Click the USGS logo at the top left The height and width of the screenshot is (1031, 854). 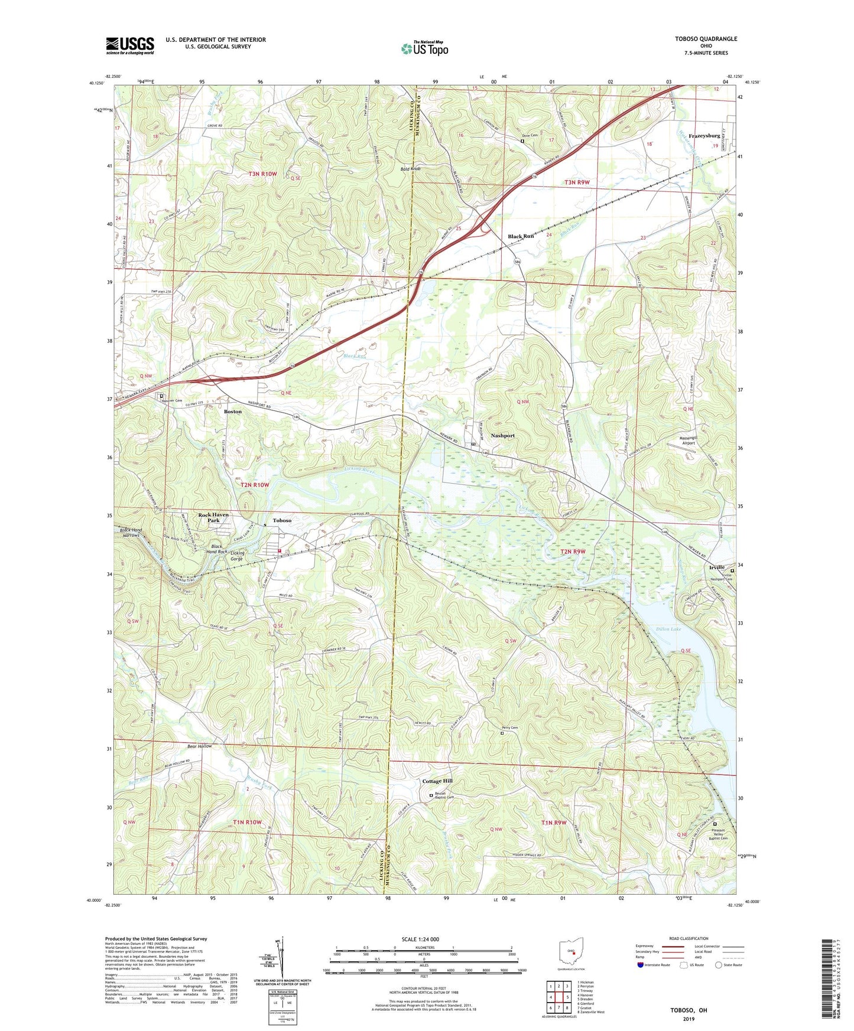click(130, 45)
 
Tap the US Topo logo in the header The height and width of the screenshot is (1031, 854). click(424, 48)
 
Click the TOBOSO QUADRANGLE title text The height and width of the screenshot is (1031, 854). click(706, 39)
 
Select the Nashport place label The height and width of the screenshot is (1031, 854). click(502, 435)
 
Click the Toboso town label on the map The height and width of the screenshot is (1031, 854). click(282, 521)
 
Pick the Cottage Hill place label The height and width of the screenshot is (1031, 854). click(437, 781)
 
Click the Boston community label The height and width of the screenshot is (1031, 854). click(233, 411)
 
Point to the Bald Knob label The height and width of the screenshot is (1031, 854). click(410, 169)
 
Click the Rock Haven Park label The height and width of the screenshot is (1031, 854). click(213, 517)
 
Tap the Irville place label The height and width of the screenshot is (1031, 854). click(716, 567)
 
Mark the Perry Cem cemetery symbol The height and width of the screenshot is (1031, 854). click(502, 733)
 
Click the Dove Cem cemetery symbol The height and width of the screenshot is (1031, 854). click(522, 141)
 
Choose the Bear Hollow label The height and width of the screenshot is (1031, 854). click(199, 746)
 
